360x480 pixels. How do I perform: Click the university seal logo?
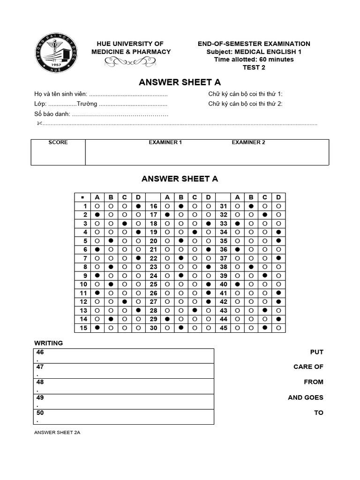pos(55,55)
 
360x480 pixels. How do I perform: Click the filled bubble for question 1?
pos(138,206)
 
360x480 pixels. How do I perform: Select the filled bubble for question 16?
pos(181,206)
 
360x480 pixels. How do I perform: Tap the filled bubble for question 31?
pos(251,206)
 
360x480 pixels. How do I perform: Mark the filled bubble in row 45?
pos(265,328)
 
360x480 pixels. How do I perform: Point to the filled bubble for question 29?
pos(167,319)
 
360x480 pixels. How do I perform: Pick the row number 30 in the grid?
pos(153,328)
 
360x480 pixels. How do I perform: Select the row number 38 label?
pos(223,267)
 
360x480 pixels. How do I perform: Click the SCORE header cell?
pos(58,142)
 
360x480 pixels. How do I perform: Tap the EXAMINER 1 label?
pos(165,142)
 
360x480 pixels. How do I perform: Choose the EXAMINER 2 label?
pos(248,142)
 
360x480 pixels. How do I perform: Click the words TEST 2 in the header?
pos(254,67)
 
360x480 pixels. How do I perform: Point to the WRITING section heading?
pos(49,343)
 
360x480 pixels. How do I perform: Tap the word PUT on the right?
pos(316,352)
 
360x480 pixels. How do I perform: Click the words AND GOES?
pos(306,397)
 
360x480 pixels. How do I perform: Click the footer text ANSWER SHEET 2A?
pos(57,432)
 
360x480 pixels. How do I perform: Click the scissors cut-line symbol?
pos(39,123)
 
